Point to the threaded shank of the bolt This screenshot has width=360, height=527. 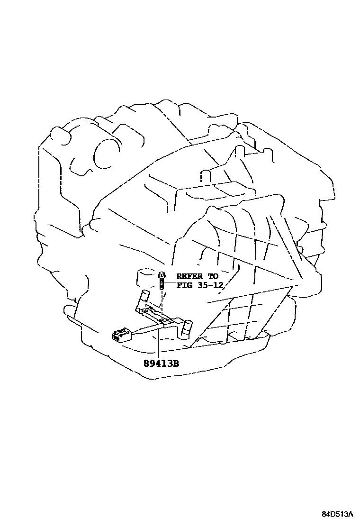(162, 284)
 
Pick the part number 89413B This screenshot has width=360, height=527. (162, 364)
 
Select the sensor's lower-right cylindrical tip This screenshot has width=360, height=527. (188, 327)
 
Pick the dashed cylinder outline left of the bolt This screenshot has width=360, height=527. (144, 277)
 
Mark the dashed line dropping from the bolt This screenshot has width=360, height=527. (162, 303)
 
